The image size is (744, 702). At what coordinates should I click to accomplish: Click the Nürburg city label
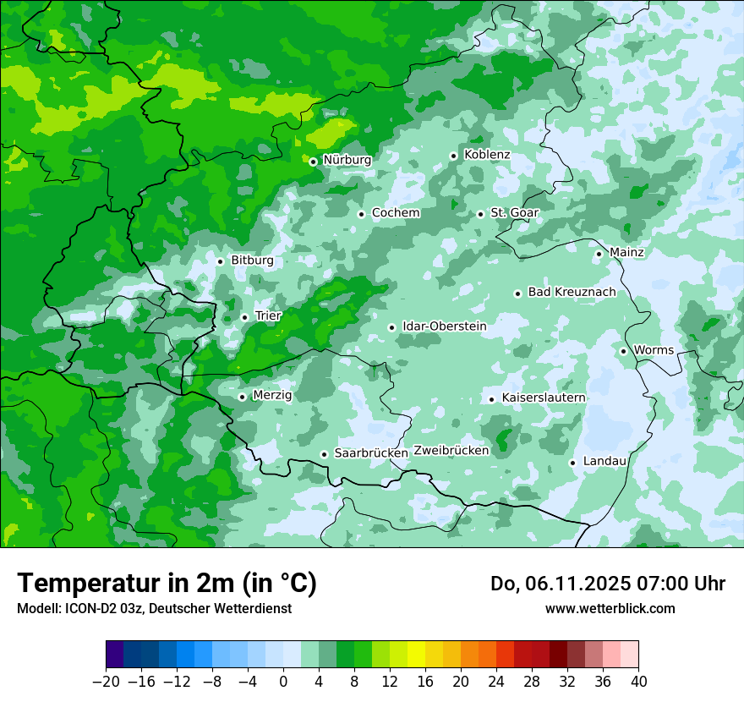[x=347, y=160]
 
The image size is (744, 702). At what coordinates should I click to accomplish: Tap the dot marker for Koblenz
[x=453, y=156]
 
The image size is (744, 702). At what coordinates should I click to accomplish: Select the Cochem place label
[x=396, y=213]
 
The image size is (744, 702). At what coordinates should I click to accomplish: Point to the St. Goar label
[x=514, y=213]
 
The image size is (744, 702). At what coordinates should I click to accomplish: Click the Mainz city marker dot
[x=599, y=254]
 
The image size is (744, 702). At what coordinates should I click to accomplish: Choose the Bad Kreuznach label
[x=572, y=293]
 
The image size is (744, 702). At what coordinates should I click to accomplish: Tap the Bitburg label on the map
[x=252, y=261]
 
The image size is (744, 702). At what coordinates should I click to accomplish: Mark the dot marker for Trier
[x=244, y=317]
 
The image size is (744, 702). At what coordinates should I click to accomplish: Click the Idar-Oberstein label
[x=444, y=326]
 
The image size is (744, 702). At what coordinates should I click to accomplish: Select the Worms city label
[x=654, y=350]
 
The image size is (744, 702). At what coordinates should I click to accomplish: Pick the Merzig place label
[x=272, y=396]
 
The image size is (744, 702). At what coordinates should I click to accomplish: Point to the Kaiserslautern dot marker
[x=491, y=399]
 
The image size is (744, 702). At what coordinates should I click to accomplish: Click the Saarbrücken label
[x=371, y=453]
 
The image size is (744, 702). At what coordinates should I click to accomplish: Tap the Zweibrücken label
[x=451, y=451]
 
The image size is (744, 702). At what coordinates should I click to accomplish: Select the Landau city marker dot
[x=572, y=463]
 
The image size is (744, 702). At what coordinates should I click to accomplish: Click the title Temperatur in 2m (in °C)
[x=167, y=584]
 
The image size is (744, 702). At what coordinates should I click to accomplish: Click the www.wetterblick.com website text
[x=610, y=609]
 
